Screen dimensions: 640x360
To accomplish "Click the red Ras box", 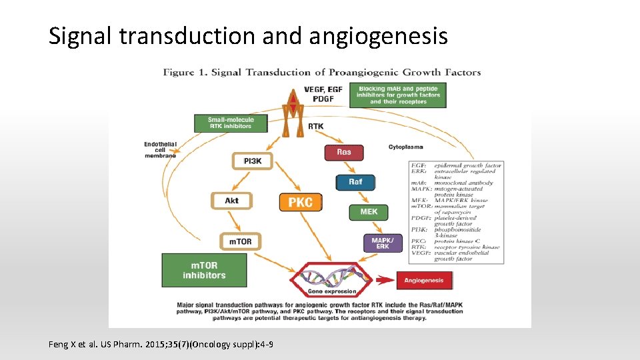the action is (344, 152).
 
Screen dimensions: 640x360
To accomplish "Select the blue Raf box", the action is (355, 181).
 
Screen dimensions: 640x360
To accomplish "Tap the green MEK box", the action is (369, 212).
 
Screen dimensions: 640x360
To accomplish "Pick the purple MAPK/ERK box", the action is (383, 243).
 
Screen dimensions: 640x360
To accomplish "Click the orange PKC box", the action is (300, 202).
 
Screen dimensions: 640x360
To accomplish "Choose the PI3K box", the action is (252, 161).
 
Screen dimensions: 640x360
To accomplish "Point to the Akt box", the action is (231, 201).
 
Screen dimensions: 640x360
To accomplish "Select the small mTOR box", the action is (240, 241).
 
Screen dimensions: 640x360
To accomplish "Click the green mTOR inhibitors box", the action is (204, 270).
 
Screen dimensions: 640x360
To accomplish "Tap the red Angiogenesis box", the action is (423, 280).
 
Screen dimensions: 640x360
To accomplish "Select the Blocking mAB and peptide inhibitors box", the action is (397, 95).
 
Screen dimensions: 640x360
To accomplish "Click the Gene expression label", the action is (331, 292).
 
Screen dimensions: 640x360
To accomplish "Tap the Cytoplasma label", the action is (405, 147).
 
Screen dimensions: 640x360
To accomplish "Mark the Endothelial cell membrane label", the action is (160, 150).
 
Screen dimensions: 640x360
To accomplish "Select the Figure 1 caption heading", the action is (322, 72).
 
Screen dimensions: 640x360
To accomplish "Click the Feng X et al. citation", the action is (161, 344).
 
